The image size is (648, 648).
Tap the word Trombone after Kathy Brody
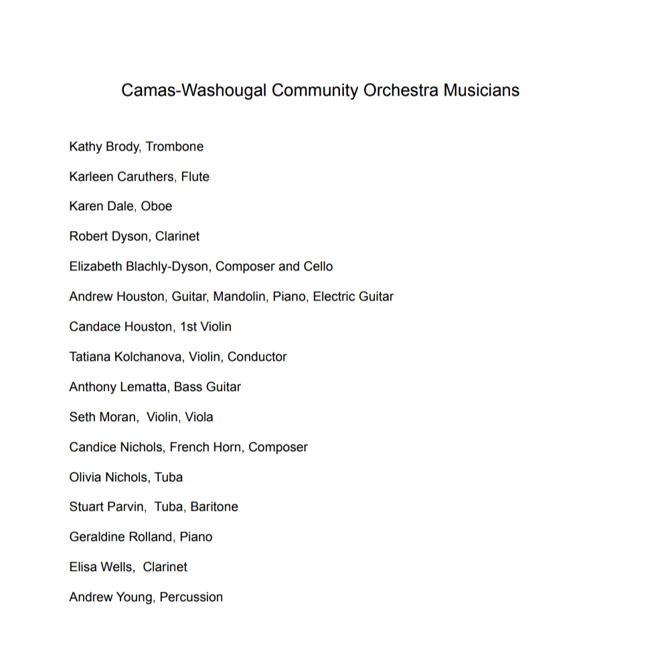[x=175, y=147]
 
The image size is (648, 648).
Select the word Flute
[x=195, y=177]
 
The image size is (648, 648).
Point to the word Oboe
[x=156, y=206]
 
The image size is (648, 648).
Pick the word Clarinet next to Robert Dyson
[x=177, y=236]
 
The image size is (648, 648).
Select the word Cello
[x=318, y=266]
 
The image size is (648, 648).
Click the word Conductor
[x=257, y=357]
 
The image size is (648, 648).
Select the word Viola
[x=199, y=417]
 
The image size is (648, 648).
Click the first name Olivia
[x=85, y=477]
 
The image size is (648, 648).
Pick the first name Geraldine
[x=96, y=537]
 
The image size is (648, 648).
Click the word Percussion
[x=191, y=597]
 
